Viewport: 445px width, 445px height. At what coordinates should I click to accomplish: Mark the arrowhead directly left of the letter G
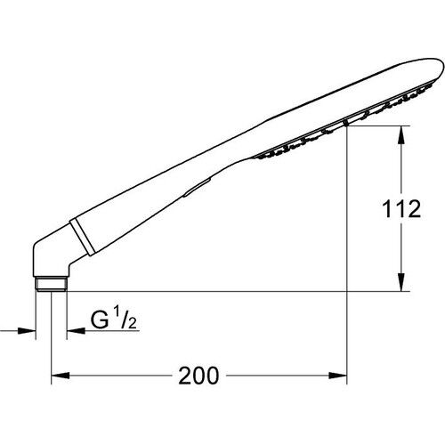(71, 330)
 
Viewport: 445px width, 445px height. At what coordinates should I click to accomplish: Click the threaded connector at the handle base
(51, 284)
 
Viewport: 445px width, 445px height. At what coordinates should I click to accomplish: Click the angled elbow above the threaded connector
(49, 258)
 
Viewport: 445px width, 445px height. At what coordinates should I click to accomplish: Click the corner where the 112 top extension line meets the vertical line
(346, 127)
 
